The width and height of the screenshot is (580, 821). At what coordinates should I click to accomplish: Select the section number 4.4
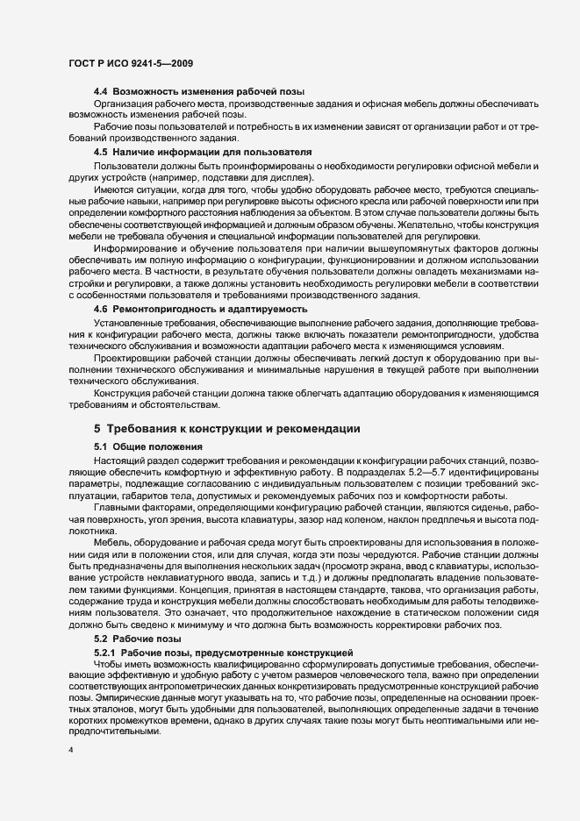[x=101, y=92]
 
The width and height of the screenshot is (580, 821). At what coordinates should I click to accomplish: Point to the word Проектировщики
[x=136, y=370]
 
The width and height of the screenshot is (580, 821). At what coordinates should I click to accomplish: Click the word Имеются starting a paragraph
[x=115, y=189]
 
